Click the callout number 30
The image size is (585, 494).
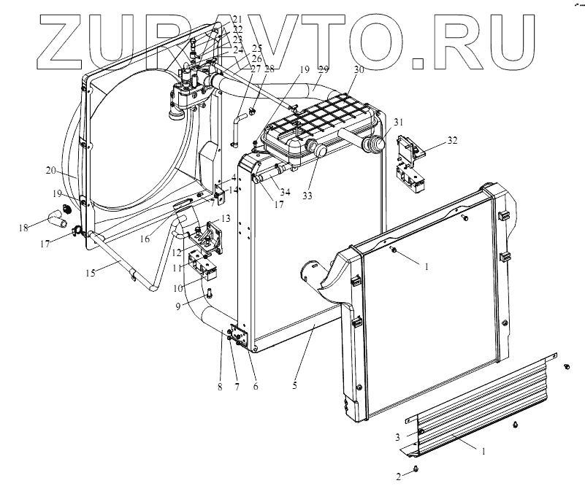357,70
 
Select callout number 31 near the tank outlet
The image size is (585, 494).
397,121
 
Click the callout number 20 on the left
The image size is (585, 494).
51,170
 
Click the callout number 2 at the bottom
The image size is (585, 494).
399,476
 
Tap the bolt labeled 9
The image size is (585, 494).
210,294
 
